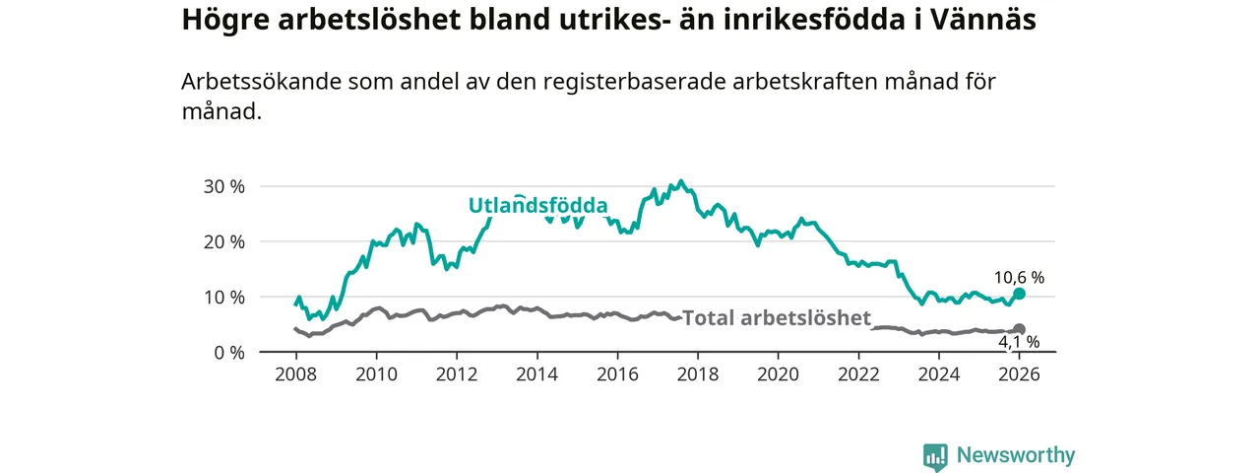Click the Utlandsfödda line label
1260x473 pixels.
[537, 206]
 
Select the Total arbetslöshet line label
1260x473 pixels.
[777, 317]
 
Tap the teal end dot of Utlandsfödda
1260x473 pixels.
[1020, 294]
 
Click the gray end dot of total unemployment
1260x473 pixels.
[1020, 329]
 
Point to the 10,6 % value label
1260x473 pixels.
[1019, 278]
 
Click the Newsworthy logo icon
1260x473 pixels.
[935, 456]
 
